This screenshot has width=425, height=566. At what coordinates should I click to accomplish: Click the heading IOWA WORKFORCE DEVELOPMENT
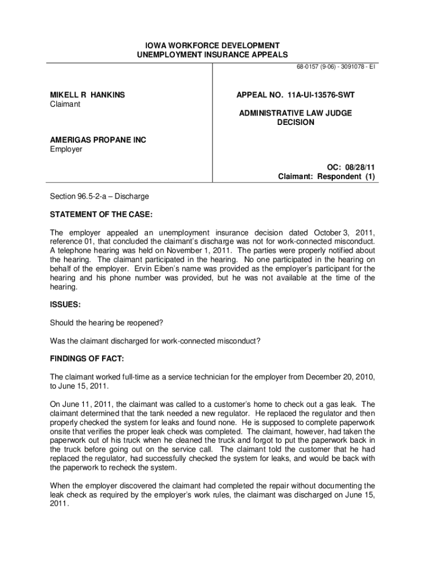click(212, 45)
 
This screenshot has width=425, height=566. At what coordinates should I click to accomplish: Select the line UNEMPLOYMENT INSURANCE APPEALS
click(212, 55)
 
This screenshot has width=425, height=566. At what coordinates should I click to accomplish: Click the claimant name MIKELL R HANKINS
click(87, 95)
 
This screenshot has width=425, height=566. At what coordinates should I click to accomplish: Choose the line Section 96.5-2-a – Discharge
click(99, 196)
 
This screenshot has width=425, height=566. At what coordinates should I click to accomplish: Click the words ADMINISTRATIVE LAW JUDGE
click(295, 113)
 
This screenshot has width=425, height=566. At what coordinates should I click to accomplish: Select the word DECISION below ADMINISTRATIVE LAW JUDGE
click(295, 122)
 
